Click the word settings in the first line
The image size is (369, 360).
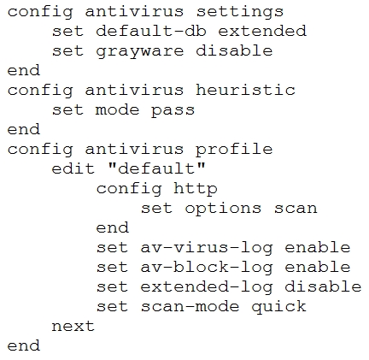(240, 13)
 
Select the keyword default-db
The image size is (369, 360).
(151, 31)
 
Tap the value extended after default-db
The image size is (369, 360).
(262, 31)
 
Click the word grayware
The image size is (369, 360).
(140, 52)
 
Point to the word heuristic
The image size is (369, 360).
(245, 90)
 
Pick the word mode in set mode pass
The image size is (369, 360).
(117, 110)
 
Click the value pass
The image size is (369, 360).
(173, 111)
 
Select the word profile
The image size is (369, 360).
(234, 150)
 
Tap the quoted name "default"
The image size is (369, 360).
(156, 168)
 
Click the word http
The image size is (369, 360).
(196, 189)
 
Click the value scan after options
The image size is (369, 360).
(296, 209)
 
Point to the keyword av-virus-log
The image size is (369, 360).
(207, 248)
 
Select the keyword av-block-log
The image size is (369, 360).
(207, 268)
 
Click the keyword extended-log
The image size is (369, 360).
(207, 287)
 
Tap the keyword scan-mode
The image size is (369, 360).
(190, 306)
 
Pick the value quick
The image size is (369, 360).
(278, 307)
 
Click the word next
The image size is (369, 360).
(73, 327)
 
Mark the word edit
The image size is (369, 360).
(73, 168)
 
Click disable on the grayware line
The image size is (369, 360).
(234, 50)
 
